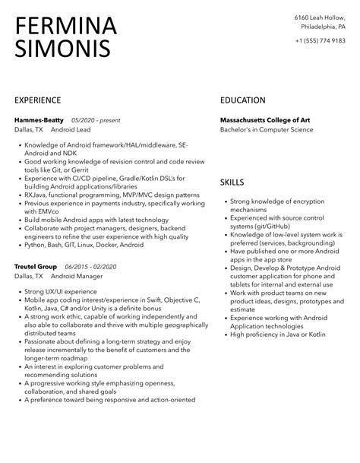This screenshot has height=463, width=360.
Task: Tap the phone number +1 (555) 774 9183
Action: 320,40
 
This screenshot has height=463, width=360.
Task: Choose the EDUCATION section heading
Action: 242,100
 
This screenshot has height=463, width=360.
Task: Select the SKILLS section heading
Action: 232,182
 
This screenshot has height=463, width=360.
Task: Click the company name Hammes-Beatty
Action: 39,120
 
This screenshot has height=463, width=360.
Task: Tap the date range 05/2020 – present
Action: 96,120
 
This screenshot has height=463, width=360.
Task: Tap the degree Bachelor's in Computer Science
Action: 267,129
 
